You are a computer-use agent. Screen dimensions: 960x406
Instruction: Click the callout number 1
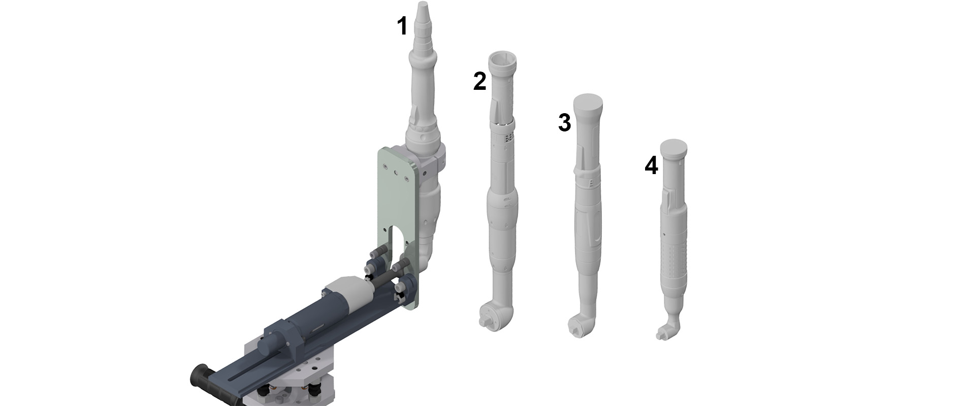402,26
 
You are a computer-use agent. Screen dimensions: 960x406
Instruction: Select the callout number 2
479,82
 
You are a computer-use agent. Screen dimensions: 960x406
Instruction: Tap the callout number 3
564,123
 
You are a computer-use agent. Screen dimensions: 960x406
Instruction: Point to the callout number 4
651,165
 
